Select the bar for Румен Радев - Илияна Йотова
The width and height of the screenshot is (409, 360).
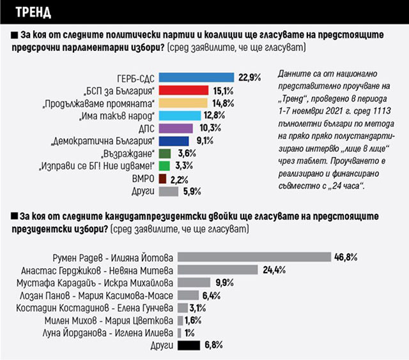(253, 257)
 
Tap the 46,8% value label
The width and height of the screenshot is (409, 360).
(346, 257)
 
